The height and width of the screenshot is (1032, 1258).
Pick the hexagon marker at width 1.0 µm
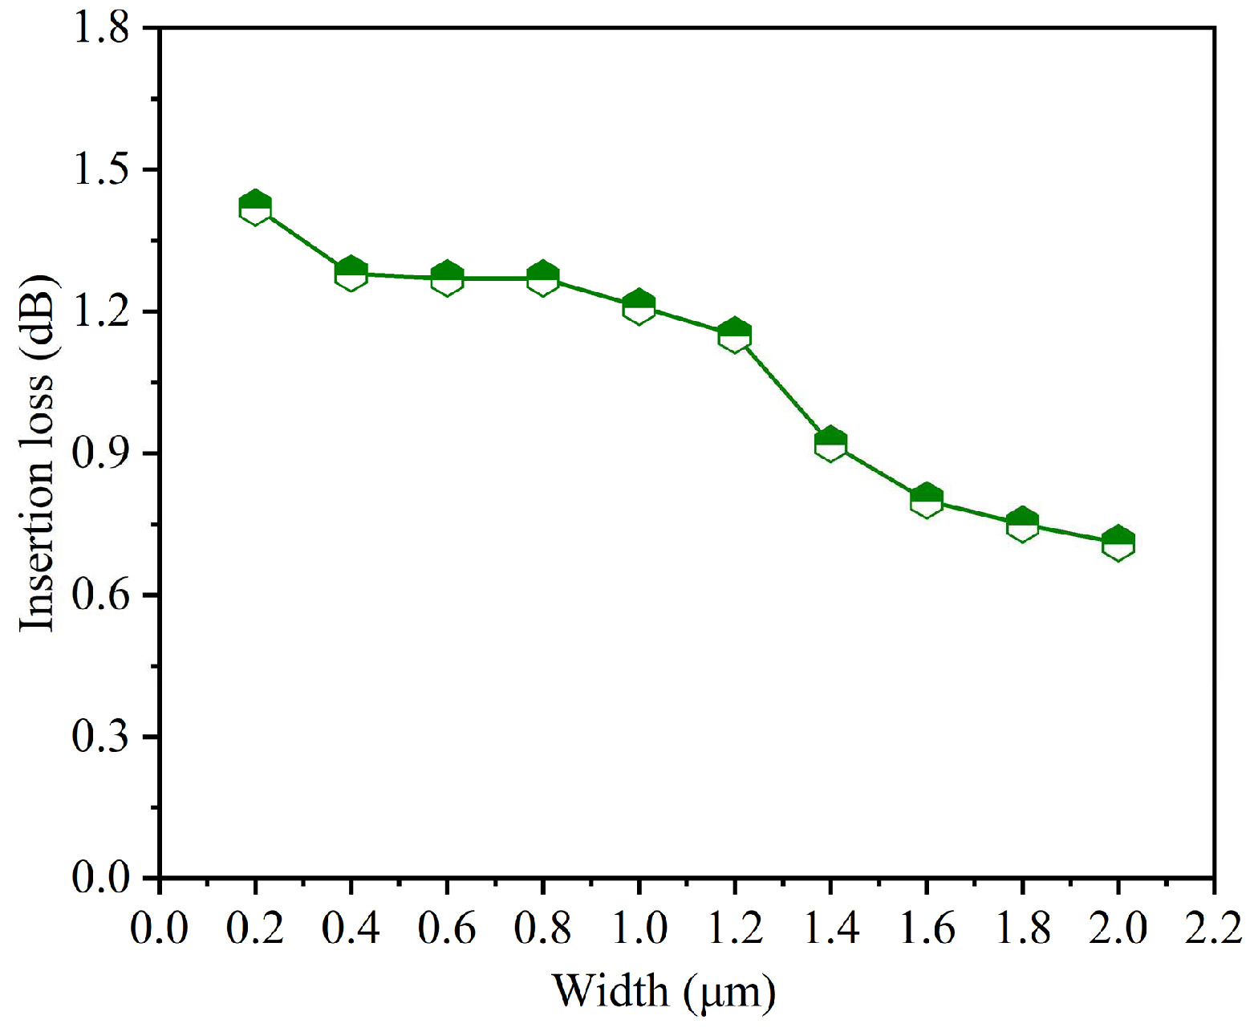pos(639,307)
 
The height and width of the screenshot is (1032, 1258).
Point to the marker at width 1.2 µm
pos(734,335)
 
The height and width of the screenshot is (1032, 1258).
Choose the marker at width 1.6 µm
pos(926,501)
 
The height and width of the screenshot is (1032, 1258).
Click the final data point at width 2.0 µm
pos(1118,543)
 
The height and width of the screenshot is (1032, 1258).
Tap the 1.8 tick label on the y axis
pos(100,29)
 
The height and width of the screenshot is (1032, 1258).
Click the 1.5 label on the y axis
pos(100,170)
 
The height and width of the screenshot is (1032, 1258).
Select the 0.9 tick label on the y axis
pos(100,454)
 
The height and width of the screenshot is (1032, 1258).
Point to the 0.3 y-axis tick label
pos(100,737)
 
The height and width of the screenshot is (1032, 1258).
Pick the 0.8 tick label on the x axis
pos(542,929)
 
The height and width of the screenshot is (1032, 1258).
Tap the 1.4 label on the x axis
pos(830,929)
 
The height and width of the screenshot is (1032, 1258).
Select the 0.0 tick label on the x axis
pos(160,929)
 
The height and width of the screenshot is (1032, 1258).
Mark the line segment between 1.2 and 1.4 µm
pos(782,389)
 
